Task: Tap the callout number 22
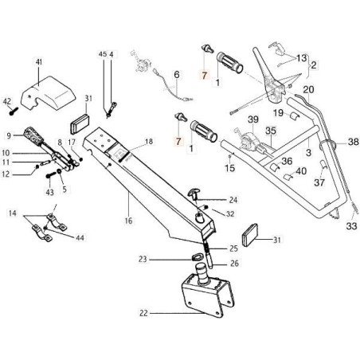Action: pyautogui.click(x=143, y=313)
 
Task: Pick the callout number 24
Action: pyautogui.click(x=233, y=199)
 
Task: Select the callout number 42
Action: pyautogui.click(x=7, y=100)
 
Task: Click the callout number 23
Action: pyautogui.click(x=142, y=258)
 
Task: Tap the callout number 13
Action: pyautogui.click(x=302, y=58)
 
